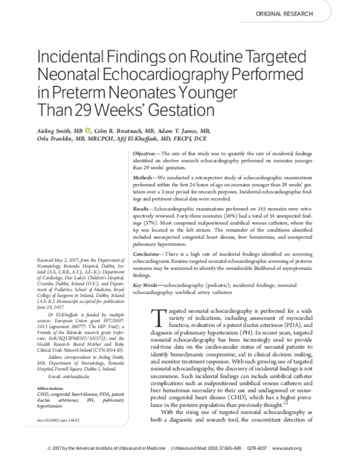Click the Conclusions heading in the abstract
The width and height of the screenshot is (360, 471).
pos(148,255)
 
